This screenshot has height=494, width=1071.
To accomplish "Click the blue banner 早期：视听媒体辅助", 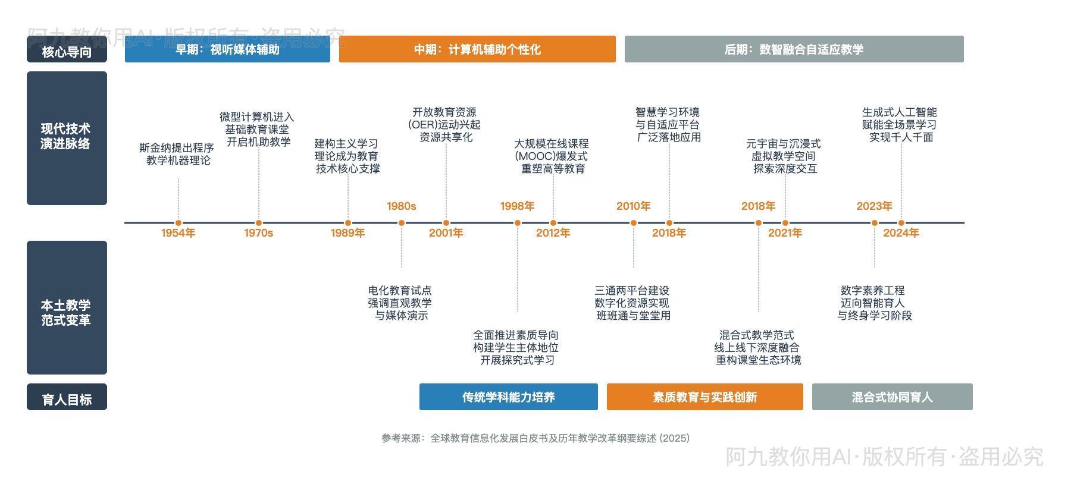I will [227, 49].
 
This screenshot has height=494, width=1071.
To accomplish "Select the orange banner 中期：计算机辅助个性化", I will [477, 49].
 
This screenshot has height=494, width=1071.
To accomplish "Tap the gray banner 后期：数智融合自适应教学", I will [794, 49].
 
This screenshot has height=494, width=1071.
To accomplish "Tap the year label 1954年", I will [178, 233].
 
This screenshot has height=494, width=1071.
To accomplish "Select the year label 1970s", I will [258, 233].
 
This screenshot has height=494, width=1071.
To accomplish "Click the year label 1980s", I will [402, 206].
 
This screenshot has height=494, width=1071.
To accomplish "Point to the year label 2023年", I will [874, 206].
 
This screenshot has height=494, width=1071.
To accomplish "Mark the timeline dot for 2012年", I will [553, 223].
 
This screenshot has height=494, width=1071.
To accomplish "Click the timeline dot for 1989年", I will [348, 223].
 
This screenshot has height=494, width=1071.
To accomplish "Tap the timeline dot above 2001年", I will [446, 223].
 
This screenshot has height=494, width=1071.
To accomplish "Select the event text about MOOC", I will [552, 156].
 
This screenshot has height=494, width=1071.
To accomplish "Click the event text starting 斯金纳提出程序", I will [177, 154].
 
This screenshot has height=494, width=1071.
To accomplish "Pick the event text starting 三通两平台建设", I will [632, 303].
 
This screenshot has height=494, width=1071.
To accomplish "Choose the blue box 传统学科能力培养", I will [508, 397].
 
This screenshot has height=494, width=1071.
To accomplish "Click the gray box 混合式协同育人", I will [892, 397].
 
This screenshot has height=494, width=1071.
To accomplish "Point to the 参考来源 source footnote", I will [535, 438].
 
